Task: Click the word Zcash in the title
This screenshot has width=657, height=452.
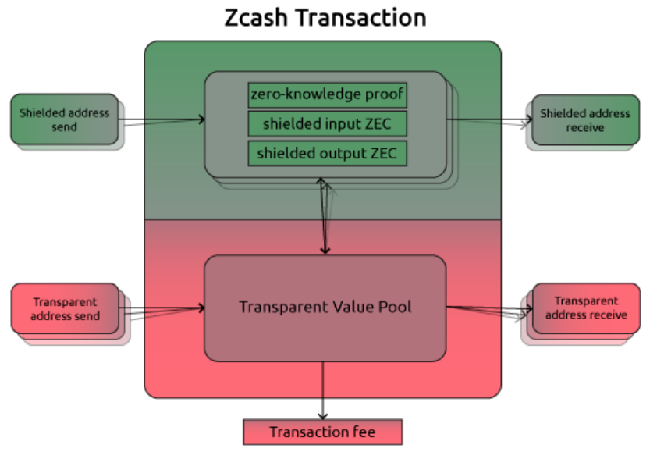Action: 254,17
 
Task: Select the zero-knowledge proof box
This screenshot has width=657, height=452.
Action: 327,95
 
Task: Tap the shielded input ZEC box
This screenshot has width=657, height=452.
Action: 327,124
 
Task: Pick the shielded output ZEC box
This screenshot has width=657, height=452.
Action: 327,153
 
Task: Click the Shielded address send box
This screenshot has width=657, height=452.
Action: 65,119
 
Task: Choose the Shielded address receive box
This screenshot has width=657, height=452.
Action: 584,119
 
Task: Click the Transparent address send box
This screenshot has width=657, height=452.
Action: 66,308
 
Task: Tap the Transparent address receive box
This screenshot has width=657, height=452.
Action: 585,308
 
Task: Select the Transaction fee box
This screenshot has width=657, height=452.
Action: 322,432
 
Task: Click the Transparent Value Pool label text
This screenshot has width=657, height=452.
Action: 325,307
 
